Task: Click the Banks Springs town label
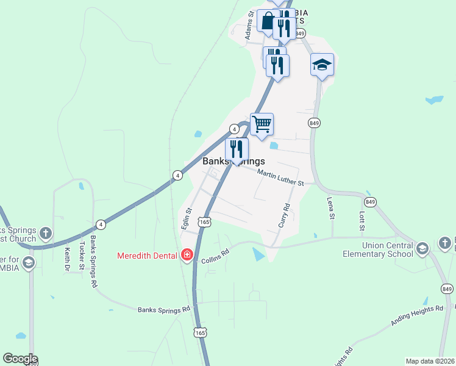234,162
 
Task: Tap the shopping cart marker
262,124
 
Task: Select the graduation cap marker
322,64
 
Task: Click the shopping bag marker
267,21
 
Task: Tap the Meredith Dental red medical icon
187,255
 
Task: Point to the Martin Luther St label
280,178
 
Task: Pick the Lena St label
331,208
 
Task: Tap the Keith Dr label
66,259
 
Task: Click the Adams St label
249,25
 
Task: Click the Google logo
20,359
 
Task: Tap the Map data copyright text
429,361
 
